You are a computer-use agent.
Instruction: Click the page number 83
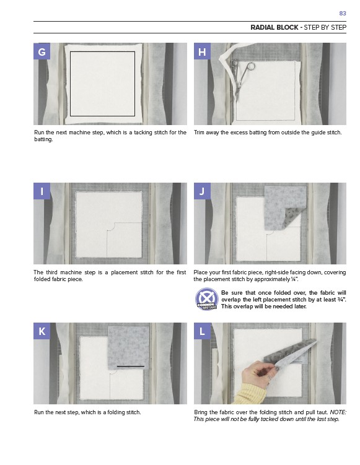343,14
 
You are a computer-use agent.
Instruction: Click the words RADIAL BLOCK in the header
274,28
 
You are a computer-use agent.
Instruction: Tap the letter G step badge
42,51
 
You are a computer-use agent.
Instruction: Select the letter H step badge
202,51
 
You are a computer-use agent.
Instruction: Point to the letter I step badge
42,191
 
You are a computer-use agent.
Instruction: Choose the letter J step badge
202,191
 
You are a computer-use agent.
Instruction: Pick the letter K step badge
42,331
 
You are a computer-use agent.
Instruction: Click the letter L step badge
202,331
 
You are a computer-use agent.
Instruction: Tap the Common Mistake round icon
207,299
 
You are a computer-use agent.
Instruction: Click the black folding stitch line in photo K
131,367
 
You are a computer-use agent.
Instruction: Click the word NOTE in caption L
338,412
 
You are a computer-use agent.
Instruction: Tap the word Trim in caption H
199,133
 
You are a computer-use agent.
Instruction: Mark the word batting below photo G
43,139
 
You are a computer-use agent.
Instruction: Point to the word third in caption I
52,272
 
